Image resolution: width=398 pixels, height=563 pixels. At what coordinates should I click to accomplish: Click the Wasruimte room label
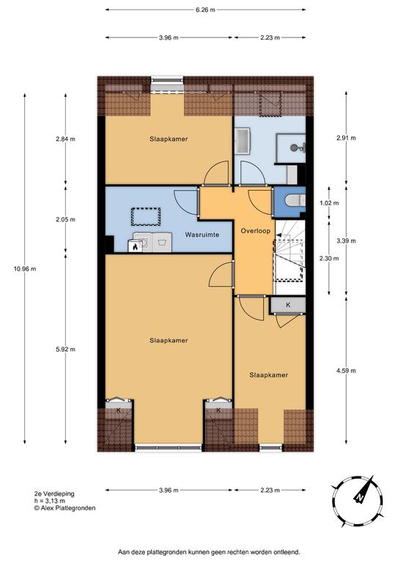click(202, 235)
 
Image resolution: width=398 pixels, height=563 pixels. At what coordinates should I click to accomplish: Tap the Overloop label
click(256, 231)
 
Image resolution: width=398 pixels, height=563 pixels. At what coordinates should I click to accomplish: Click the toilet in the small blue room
click(295, 201)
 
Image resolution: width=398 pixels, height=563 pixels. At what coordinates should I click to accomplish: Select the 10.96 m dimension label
click(25, 268)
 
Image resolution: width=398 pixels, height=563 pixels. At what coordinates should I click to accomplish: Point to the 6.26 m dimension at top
click(205, 10)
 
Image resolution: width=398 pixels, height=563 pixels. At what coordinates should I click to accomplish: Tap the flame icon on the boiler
click(135, 246)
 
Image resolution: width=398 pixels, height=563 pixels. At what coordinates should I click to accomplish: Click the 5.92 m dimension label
click(66, 349)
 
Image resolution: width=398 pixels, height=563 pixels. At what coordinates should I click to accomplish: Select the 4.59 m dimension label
click(346, 370)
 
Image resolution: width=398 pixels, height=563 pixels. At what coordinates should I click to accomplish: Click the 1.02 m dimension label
click(329, 203)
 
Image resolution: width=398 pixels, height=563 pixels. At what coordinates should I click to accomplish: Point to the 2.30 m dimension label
click(329, 258)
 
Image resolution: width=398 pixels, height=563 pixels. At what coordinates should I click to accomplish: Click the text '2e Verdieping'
click(54, 493)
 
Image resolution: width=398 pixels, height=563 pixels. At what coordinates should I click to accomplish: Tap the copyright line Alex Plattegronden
click(65, 508)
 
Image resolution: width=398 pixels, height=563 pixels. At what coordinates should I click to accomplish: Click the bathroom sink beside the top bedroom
click(243, 141)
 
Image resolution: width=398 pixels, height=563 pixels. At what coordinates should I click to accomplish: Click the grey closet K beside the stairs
click(288, 305)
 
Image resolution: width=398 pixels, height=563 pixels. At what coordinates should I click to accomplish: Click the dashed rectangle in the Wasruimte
click(146, 216)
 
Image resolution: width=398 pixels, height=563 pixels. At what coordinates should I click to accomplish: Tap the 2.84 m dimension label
click(66, 139)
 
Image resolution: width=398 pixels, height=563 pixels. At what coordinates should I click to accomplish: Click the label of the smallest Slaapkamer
click(268, 375)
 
